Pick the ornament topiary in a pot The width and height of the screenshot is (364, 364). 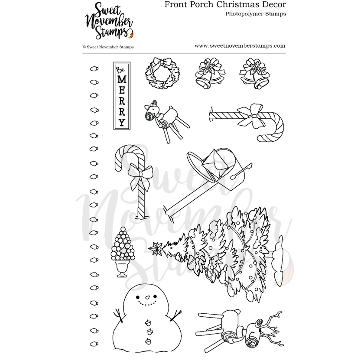point(121,251)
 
